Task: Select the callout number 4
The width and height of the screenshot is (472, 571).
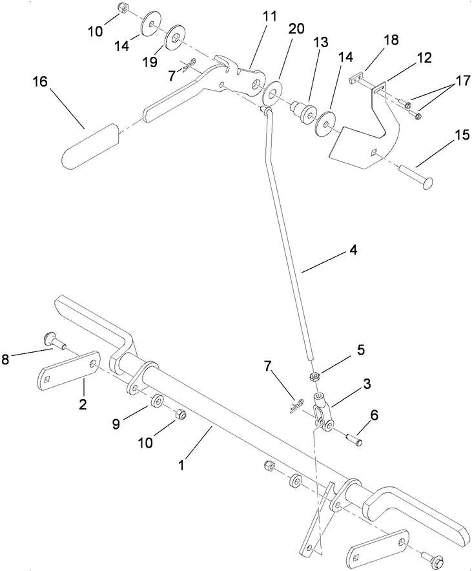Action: click(354, 249)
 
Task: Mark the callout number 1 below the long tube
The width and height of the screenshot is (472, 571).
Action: click(182, 464)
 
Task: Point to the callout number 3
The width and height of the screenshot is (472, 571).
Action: click(367, 384)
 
